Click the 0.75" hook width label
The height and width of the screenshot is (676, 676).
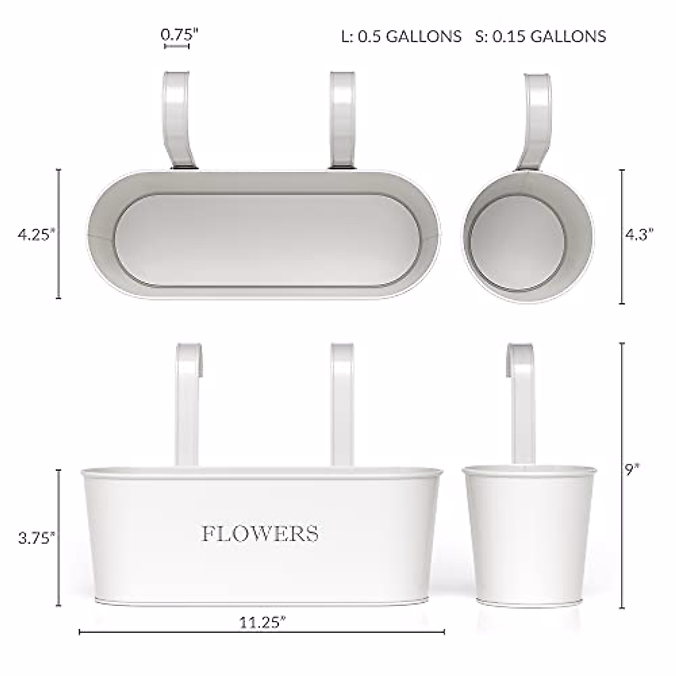point(180,34)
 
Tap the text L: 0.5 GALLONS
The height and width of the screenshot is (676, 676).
point(401,37)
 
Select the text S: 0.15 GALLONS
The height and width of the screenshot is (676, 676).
point(540,37)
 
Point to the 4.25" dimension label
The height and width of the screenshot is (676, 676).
point(37,235)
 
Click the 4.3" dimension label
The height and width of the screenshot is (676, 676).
point(639,235)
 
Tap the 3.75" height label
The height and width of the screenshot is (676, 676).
point(37,537)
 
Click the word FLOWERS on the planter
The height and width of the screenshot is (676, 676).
point(260,533)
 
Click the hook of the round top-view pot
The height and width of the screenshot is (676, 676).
point(537,118)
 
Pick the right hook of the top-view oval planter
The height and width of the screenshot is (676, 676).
point(342,118)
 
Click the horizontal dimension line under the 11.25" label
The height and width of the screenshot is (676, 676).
point(263,632)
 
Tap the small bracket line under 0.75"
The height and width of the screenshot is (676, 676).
point(176,47)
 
